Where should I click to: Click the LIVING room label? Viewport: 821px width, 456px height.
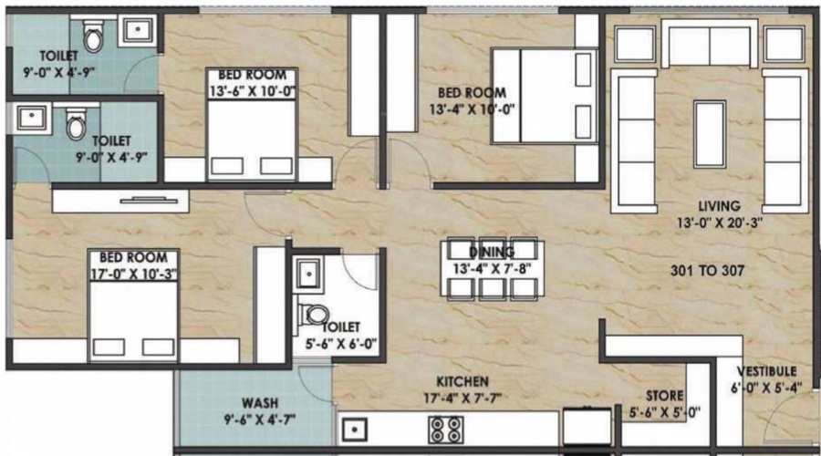(715, 206)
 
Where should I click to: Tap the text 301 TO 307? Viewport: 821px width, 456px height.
(707, 270)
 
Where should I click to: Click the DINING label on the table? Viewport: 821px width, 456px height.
(492, 252)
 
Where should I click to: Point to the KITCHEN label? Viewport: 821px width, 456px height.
(462, 380)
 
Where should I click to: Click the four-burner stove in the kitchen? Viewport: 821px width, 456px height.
(444, 429)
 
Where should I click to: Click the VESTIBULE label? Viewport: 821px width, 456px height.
(768, 371)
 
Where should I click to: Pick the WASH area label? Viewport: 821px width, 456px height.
(260, 402)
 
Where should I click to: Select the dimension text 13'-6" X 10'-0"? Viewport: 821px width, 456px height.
(253, 89)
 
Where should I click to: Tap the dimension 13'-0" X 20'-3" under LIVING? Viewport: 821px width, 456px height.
(715, 222)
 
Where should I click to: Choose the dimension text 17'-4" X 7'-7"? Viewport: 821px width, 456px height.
(462, 397)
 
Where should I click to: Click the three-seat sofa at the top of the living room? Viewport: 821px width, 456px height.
(710, 46)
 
